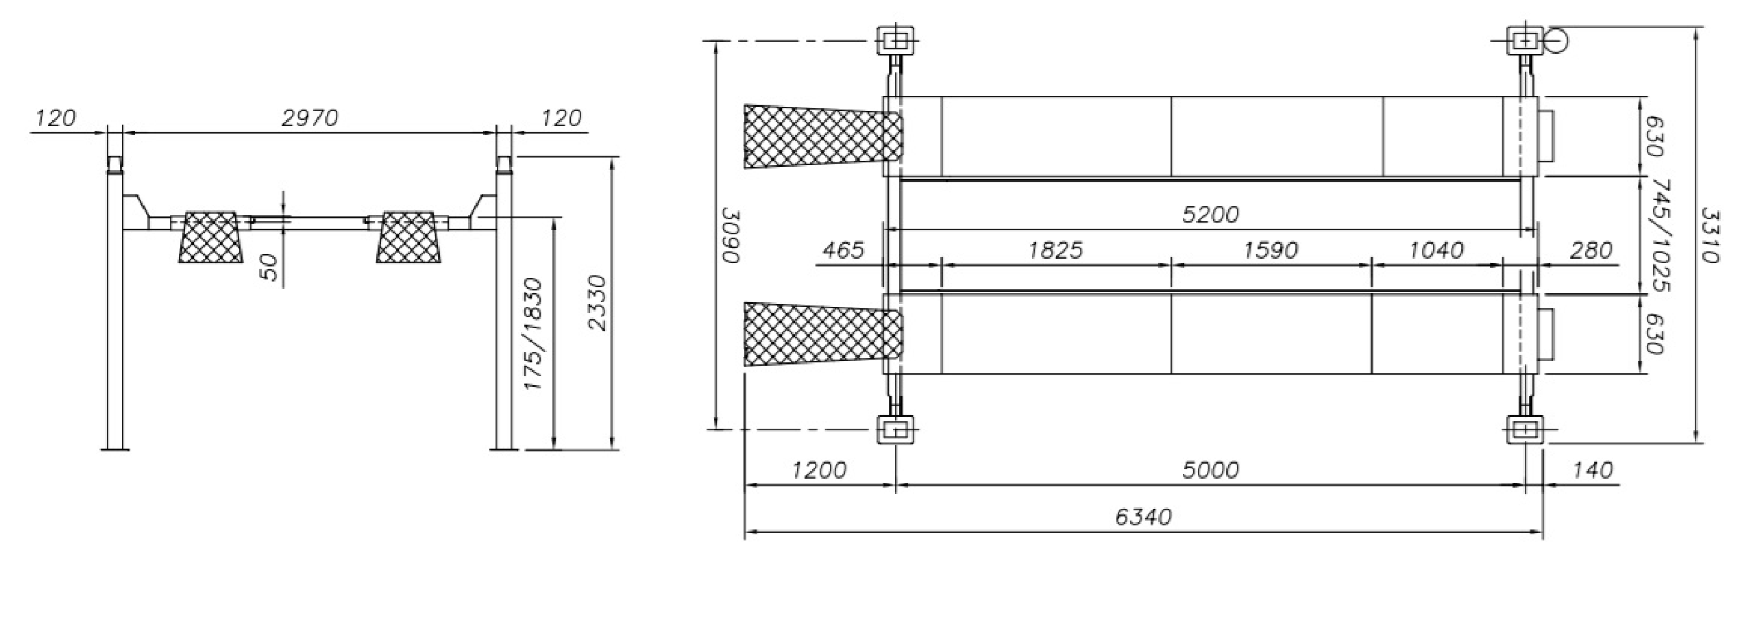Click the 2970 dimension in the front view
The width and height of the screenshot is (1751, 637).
tap(310, 118)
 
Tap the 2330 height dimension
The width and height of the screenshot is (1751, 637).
tap(598, 303)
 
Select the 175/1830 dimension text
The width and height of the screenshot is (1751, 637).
tap(532, 334)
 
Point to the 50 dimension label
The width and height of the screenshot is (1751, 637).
tap(269, 267)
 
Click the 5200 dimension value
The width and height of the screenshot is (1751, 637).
tap(1210, 215)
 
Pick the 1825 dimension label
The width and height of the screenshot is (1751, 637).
tap(1055, 250)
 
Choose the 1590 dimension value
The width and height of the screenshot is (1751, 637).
tap(1271, 250)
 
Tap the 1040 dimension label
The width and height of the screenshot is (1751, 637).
tap(1436, 250)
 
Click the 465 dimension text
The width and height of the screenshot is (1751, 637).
tap(843, 250)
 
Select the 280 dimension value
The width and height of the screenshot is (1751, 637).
tap(1591, 250)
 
